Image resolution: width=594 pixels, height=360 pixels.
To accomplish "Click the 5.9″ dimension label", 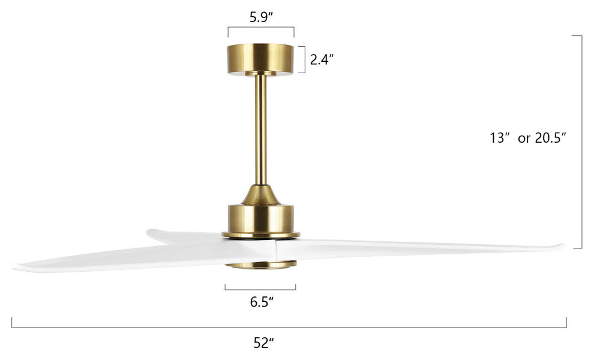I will [x=262, y=17].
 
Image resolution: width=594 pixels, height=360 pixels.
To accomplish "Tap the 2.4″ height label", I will [x=322, y=59].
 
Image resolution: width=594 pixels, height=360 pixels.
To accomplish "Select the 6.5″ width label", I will [x=262, y=302].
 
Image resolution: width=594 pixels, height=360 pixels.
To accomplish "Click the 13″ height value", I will [x=499, y=138].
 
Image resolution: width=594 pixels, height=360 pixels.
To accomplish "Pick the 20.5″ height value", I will [x=551, y=138].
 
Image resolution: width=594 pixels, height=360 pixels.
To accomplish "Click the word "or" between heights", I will [x=524, y=139].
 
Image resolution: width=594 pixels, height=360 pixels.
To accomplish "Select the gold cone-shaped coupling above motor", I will [x=261, y=194].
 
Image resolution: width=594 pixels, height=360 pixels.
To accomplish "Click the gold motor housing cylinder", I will [x=261, y=219].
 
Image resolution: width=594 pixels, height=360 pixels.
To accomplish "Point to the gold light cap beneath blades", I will [x=261, y=265].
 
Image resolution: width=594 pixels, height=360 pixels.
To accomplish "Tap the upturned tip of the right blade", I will [x=560, y=245].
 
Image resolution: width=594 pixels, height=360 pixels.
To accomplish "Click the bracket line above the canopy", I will [x=261, y=28].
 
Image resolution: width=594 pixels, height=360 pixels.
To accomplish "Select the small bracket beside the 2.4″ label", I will [x=304, y=59].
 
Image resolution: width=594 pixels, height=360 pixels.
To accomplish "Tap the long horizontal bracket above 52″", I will [x=288, y=327].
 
